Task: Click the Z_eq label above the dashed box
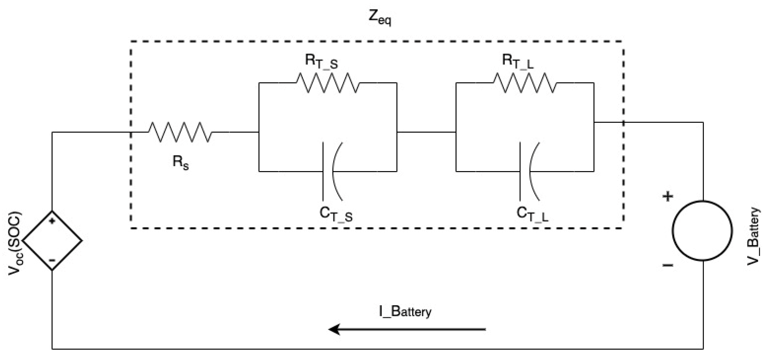380,18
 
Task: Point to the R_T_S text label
321,62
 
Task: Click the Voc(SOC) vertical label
15,243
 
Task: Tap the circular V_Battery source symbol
702,231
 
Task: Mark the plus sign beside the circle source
668,196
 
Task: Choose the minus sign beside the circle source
668,265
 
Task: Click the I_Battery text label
405,312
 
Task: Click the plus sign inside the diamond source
52,221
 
